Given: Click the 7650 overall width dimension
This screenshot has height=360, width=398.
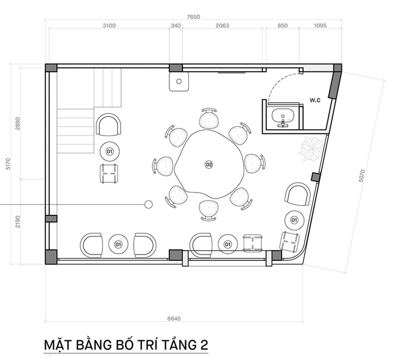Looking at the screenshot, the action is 194,17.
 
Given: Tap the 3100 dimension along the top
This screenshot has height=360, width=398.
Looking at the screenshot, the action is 109,26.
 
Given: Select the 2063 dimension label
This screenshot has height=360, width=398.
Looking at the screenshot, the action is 222,26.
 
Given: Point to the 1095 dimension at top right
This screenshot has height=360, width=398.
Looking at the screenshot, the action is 320,26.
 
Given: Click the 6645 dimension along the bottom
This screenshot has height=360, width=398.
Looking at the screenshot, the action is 174,319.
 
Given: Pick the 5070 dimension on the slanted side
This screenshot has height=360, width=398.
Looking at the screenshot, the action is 362,176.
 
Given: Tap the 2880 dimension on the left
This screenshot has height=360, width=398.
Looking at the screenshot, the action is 17,123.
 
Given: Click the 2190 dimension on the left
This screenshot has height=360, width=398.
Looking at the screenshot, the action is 17,222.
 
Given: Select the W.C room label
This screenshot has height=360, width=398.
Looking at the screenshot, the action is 315,100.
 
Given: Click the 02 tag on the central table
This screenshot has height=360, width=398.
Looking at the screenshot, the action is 209,164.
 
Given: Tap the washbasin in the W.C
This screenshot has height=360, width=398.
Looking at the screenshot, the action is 283,117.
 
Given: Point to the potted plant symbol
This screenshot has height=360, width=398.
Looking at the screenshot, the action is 311,149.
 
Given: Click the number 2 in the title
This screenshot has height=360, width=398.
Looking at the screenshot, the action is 204,345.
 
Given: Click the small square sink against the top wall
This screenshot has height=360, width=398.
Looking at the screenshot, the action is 179,81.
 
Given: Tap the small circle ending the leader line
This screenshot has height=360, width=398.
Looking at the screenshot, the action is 148,204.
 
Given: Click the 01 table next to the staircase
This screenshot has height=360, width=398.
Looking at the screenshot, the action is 109,152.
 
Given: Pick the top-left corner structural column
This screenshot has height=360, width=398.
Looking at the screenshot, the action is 51,68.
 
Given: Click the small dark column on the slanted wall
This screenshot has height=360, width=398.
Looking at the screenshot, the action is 315,177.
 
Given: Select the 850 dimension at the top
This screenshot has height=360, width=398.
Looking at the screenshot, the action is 282,26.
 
